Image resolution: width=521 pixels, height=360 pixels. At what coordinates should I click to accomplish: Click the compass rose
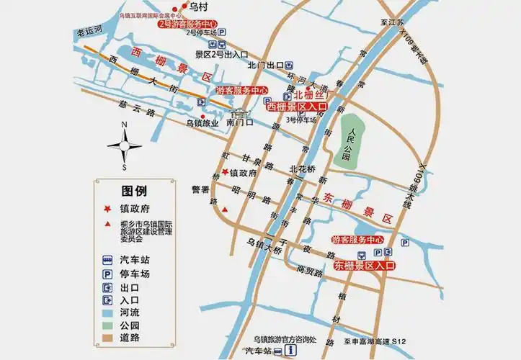(125, 146)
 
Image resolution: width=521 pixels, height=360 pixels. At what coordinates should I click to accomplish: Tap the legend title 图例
(135, 191)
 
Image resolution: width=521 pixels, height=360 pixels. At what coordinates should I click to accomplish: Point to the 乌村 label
(198, 7)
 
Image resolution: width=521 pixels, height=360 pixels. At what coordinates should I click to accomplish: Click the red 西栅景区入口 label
(297, 107)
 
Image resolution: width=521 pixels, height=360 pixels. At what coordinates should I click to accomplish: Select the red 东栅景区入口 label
(365, 266)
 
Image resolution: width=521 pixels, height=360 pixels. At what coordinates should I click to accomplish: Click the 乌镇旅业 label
(202, 123)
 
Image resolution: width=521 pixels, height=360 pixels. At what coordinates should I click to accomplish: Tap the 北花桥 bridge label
(302, 169)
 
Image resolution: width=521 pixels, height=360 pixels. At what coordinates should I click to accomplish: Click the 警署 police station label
(200, 190)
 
